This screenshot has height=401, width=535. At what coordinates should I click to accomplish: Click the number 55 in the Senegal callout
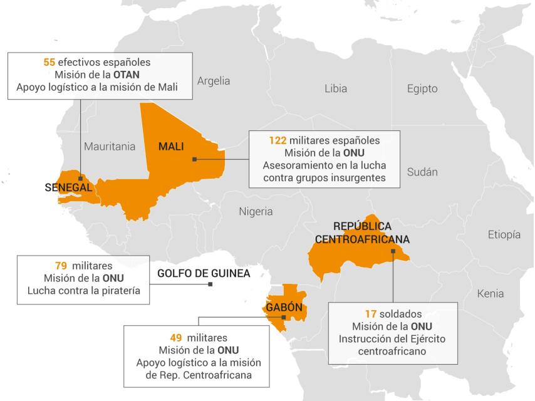pyautogui.click(x=49, y=63)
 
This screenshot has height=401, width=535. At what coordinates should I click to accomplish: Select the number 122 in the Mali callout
pyautogui.click(x=278, y=140)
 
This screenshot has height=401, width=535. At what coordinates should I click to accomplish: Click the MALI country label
pyautogui.click(x=170, y=147)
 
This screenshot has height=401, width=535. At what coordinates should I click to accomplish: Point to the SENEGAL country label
pyautogui.click(x=69, y=187)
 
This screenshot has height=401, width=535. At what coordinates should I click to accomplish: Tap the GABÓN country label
pyautogui.click(x=284, y=308)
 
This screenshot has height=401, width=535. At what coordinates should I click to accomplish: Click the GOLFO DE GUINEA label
pyautogui.click(x=204, y=273)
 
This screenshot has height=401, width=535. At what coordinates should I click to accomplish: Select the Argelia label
pyautogui.click(x=214, y=81)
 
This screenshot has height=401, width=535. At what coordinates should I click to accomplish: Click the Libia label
pyautogui.click(x=336, y=88)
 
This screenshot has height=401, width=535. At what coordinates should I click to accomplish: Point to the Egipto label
pyautogui.click(x=422, y=88)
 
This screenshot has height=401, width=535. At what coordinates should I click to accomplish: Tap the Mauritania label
pyautogui.click(x=110, y=147)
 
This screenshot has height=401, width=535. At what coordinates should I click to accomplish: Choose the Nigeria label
pyautogui.click(x=256, y=211)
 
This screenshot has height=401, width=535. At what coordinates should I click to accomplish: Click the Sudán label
pyautogui.click(x=422, y=172)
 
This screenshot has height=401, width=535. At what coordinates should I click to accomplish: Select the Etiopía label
pyautogui.click(x=504, y=235)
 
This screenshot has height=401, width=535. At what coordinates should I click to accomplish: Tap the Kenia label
pyautogui.click(x=490, y=293)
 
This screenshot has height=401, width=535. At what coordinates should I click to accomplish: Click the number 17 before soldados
pyautogui.click(x=370, y=314)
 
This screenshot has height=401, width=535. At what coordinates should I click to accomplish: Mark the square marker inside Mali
pyautogui.click(x=195, y=159)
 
